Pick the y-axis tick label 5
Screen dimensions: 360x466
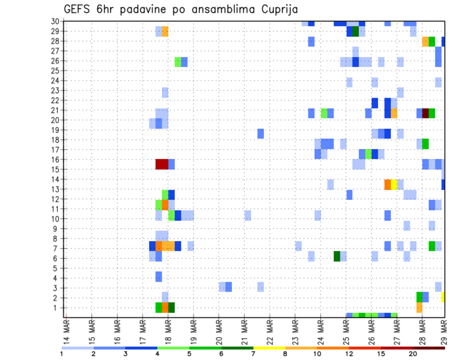tap(57, 268)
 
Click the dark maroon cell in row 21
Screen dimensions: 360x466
tap(425, 113)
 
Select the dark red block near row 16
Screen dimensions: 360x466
tap(162, 164)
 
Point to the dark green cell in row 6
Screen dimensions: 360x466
tap(337, 256)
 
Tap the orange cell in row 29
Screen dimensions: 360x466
tap(165, 31)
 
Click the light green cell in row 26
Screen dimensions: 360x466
tap(178, 62)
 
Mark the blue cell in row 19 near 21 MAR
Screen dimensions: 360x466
tap(261, 133)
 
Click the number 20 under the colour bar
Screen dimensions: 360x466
tap(413, 354)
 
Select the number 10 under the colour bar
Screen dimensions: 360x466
tap(317, 354)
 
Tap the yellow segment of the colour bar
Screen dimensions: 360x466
tap(269, 348)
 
